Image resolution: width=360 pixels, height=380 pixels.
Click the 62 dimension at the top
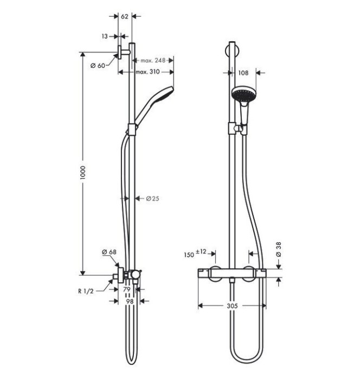pyautogui.click(x=124, y=17)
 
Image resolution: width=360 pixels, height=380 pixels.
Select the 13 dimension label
pyautogui.click(x=105, y=36)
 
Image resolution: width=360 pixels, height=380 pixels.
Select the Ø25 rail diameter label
pyautogui.click(x=152, y=198)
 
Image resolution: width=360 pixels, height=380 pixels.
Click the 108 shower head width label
pyautogui.click(x=243, y=71)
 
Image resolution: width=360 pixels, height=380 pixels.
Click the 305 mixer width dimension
pyautogui.click(x=232, y=306)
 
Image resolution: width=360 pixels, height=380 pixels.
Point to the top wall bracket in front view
pyautogui.click(x=232, y=54)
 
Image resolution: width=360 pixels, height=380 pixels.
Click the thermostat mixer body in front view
pyautogui.click(x=232, y=273)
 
